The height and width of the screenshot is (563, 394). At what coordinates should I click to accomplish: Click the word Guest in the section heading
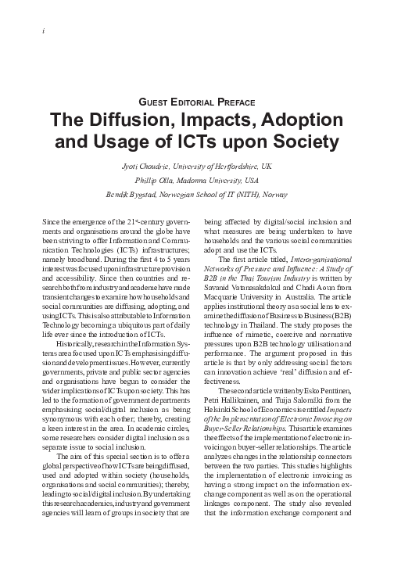pos(153,102)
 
